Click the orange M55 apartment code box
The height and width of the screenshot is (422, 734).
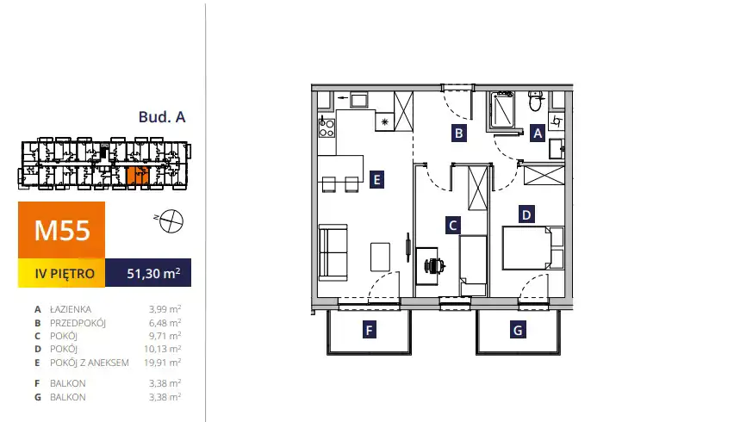61,230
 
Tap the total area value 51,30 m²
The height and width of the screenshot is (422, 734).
153,273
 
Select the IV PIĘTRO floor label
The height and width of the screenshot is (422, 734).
65,273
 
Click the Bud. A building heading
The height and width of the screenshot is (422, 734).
162,116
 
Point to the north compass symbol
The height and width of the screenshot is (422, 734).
171,220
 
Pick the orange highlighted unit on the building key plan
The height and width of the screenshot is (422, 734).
138,175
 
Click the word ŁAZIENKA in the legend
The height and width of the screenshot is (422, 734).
71,309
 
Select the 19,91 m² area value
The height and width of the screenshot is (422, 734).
163,362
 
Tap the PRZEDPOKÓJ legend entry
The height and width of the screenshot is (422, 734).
78,323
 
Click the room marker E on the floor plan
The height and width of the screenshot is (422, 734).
376,180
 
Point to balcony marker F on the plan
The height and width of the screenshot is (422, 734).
370,331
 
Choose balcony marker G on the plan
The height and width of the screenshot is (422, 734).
518,330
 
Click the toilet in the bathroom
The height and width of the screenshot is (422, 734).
536,101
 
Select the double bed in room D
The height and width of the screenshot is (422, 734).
532,248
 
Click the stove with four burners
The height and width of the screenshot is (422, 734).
327,127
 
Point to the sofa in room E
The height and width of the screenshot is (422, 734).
333,252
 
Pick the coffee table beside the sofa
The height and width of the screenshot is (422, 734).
380,257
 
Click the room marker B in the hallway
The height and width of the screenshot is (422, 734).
458,133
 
